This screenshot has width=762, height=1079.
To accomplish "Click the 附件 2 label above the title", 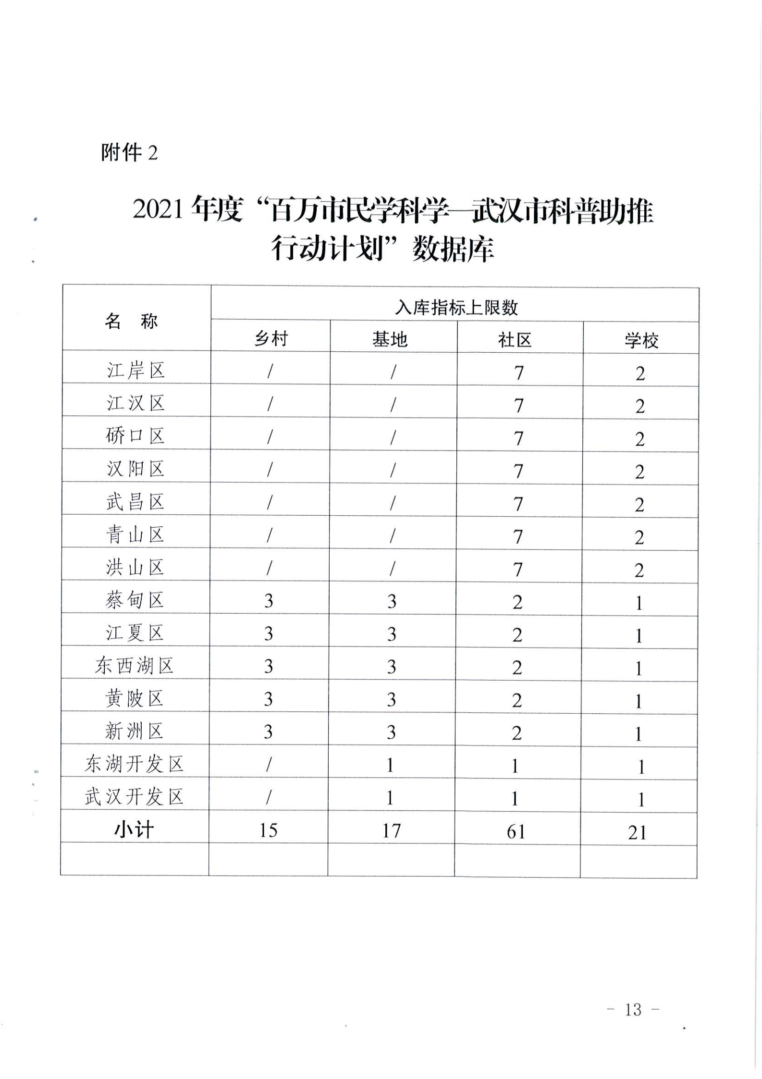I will (129, 153).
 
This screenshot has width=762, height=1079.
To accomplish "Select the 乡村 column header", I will (271, 339).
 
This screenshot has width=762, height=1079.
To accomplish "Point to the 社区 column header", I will (515, 340).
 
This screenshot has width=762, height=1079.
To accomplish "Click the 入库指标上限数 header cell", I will (456, 308).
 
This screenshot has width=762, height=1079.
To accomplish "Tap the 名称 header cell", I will (131, 321).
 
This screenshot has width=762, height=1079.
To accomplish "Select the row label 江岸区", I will (135, 371).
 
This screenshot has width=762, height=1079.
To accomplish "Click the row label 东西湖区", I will (134, 666).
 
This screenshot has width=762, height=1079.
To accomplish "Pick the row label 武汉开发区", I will (134, 797).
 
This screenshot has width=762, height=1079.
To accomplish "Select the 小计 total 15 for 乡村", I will (269, 830).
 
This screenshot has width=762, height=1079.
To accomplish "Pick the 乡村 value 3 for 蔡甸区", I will (269, 601).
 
